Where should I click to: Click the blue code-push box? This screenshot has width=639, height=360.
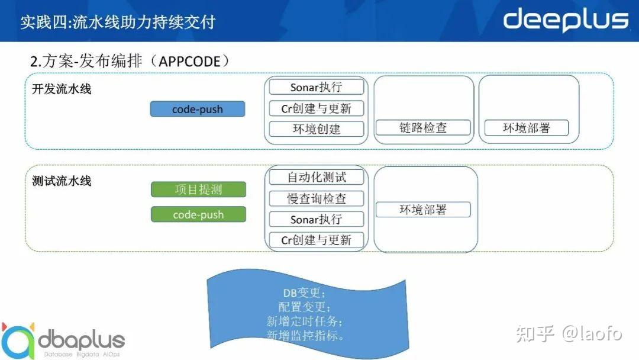(x=198, y=109)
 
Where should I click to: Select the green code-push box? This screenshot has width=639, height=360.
(x=198, y=214)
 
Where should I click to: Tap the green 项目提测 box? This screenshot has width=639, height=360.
(x=198, y=189)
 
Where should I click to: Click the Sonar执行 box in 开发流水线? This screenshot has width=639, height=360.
(x=316, y=87)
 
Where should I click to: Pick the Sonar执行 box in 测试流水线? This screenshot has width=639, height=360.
(x=316, y=219)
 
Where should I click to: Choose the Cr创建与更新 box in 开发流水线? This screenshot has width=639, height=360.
(x=316, y=108)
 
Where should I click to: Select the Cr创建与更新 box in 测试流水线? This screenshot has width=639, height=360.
(x=316, y=239)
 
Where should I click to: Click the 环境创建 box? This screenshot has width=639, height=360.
(x=316, y=128)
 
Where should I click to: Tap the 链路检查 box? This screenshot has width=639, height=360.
(x=423, y=127)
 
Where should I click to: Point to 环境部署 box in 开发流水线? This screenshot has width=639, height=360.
(x=526, y=127)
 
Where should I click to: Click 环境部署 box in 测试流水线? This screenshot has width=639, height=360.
(x=423, y=209)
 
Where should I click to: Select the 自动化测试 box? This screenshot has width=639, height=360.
(x=316, y=176)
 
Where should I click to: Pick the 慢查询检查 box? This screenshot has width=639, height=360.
(x=316, y=198)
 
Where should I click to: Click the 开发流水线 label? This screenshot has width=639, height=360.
(x=62, y=89)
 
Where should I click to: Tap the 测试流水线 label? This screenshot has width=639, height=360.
(x=62, y=181)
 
